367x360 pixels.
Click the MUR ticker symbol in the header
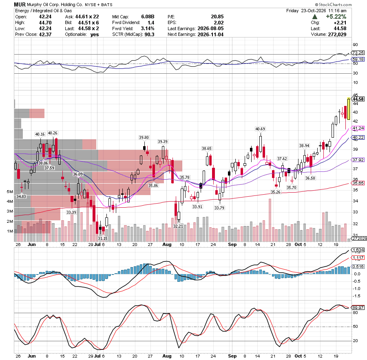[20, 4]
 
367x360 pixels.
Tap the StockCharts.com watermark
[333, 4]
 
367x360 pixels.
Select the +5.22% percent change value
[336, 17]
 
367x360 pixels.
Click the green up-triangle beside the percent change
[315, 17]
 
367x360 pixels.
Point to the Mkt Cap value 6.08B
[148, 17]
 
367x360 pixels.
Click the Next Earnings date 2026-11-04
[210, 34]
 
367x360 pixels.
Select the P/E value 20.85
[217, 17]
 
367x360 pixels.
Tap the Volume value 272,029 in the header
[337, 34]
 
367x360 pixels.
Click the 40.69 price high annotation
[260, 129]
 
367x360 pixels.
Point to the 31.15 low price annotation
[102, 239]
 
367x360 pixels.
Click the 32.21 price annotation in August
[178, 226]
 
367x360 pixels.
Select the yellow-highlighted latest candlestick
[349, 109]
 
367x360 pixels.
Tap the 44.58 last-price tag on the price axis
[358, 99]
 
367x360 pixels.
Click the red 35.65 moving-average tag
[358, 183]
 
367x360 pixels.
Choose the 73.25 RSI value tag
[358, 53]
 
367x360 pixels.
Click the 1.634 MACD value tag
[358, 250]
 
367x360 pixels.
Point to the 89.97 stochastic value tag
[358, 307]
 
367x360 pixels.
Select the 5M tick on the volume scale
[10, 192]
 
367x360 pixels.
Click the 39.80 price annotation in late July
[144, 138]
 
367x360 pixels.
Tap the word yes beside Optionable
[95, 34]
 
